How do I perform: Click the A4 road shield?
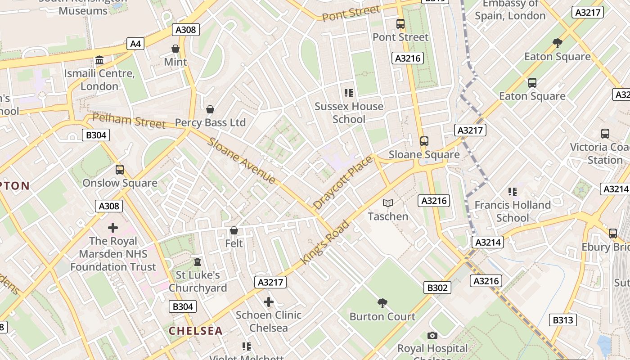tap(135, 44)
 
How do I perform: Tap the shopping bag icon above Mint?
tap(175, 49)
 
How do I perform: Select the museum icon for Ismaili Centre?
tap(99, 60)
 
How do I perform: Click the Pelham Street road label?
tap(129, 121)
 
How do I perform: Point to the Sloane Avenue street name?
tap(242, 161)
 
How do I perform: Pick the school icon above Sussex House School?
tap(348, 93)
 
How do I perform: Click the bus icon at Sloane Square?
tap(424, 141)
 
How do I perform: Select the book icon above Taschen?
tap(387, 203)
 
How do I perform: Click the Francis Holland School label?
tap(513, 211)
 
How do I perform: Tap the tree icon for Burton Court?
tap(382, 303)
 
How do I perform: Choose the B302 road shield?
tap(437, 288)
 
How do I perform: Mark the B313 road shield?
tap(562, 320)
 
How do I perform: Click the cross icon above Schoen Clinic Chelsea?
tap(269, 301)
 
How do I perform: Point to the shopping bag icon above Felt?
tap(234, 231)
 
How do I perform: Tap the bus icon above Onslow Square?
tap(120, 170)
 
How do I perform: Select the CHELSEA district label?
tap(196, 331)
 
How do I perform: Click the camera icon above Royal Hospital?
tap(432, 336)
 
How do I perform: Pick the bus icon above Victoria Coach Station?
tap(605, 134)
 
